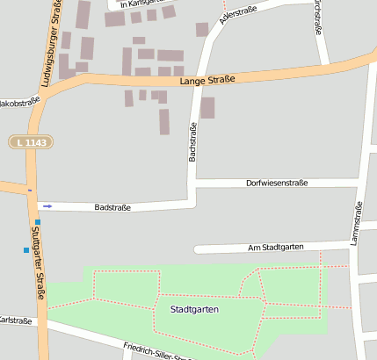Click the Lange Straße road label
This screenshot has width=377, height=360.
click(207, 81)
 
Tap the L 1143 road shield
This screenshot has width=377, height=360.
click(33, 141)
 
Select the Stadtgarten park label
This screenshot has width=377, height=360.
click(194, 309)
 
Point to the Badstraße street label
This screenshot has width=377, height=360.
click(112, 207)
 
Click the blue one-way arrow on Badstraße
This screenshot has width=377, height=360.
click(47, 206)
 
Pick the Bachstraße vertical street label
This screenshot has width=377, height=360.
click(192, 141)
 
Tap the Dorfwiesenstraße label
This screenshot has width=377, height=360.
click(277, 183)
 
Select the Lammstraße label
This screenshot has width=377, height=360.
click(358, 223)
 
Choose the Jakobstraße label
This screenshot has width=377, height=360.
click(19, 101)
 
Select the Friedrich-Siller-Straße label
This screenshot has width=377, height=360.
click(158, 351)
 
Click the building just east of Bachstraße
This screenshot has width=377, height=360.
click(207, 108)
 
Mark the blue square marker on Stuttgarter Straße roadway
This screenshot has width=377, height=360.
click(38, 222)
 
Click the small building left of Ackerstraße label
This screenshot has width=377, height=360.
click(202, 29)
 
